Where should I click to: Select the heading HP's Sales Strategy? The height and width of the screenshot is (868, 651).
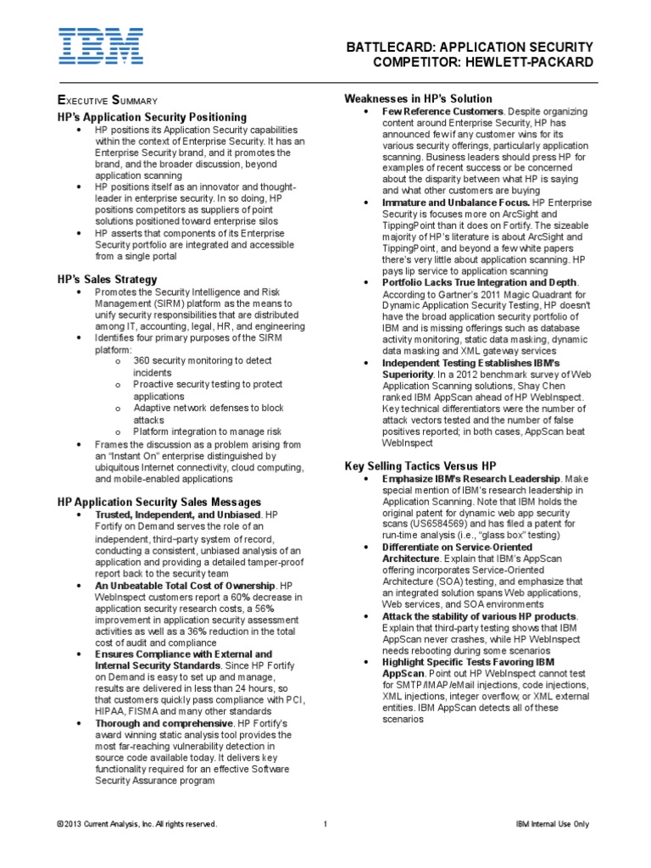pyautogui.click(x=107, y=279)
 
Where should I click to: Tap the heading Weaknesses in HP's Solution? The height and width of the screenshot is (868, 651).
pyautogui.click(x=418, y=99)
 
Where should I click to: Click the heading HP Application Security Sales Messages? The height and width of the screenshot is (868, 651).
pyautogui.click(x=159, y=503)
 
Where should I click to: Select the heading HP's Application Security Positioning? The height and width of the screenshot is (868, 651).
pyautogui.click(x=152, y=116)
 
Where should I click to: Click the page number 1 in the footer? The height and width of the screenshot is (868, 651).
pyautogui.click(x=325, y=824)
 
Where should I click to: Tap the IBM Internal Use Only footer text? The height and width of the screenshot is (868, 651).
pyautogui.click(x=552, y=824)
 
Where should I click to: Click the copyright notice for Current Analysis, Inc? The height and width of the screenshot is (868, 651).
pyautogui.click(x=136, y=824)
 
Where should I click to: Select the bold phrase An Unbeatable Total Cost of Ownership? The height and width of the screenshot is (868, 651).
pyautogui.click(x=186, y=585)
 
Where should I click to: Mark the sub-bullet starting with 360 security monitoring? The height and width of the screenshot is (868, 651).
pyautogui.click(x=202, y=360)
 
